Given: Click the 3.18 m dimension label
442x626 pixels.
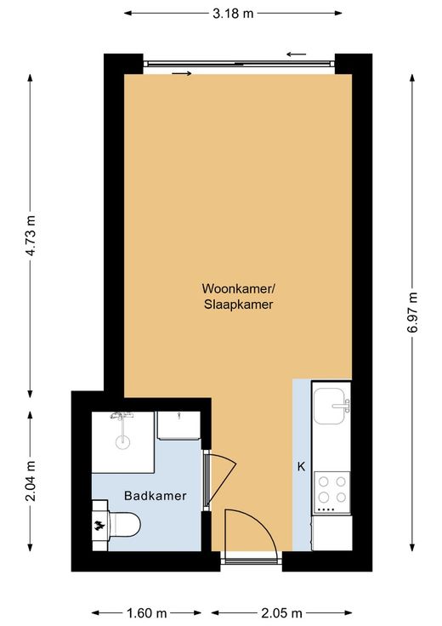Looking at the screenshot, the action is point(233,14).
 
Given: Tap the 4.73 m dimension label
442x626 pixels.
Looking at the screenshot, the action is point(31,235).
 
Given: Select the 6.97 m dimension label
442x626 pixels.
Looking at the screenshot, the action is point(412,313).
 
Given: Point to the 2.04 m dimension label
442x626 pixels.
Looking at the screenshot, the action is point(31,481).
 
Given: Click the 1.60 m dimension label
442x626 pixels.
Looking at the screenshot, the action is point(146,612).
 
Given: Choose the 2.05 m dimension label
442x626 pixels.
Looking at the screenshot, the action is point(281,612).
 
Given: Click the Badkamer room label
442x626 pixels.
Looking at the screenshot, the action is point(156,496).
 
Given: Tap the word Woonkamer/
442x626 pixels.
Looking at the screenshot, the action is point(239,287).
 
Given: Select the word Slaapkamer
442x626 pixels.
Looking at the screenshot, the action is point(239,304).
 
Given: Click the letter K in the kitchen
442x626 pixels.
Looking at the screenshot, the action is point(301,466).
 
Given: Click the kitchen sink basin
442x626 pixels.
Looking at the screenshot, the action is point(328,406).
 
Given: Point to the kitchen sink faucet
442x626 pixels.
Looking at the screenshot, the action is point(342,406).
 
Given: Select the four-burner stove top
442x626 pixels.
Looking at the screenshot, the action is point(332,492).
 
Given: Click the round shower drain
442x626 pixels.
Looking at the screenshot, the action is point(123,442).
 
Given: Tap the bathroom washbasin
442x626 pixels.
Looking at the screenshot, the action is point(178,425).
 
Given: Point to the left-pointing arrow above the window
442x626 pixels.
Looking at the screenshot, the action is point(297,54).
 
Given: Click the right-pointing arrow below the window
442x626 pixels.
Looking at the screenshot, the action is point(182,73).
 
